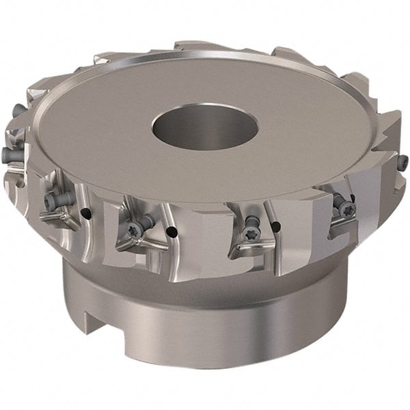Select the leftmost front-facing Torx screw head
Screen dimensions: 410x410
pyautogui.click(x=51, y=201)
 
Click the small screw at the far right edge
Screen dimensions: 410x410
pyautogui.click(x=403, y=162)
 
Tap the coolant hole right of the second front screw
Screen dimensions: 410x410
pyautogui.click(x=172, y=232)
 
